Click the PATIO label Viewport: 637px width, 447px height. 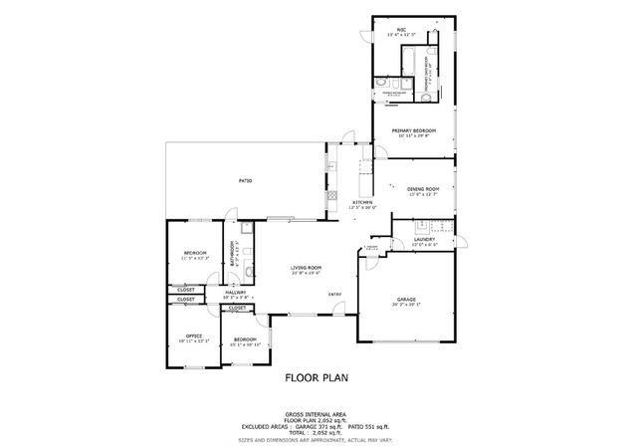click(x=244, y=180)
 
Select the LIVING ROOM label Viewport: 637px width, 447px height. click(x=306, y=267)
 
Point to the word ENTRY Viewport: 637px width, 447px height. click(x=335, y=294)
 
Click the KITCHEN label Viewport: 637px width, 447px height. click(x=362, y=202)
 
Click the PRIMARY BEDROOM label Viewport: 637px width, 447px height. click(x=415, y=129)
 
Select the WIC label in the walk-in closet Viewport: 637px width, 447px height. click(x=401, y=30)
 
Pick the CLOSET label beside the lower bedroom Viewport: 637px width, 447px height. click(x=238, y=309)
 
